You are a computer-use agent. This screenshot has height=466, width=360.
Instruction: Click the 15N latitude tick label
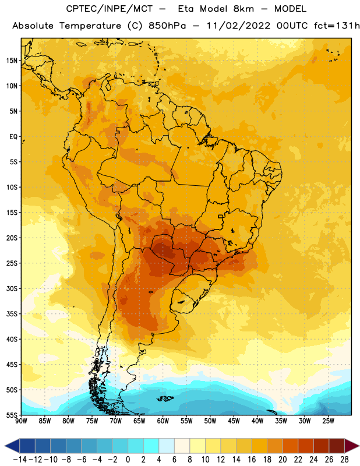click(x=12, y=61)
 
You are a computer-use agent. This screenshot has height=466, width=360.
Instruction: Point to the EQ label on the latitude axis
click(x=13, y=137)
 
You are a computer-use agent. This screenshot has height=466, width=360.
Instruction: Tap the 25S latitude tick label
click(x=12, y=263)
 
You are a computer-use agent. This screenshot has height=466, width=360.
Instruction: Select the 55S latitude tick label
click(x=12, y=415)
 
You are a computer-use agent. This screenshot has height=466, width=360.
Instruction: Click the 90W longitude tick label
click(x=21, y=421)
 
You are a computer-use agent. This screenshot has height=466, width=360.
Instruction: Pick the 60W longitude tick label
click(x=163, y=421)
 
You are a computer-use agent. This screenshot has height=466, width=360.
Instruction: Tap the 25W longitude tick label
click(x=328, y=421)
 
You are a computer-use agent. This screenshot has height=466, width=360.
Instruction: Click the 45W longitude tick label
click(x=234, y=421)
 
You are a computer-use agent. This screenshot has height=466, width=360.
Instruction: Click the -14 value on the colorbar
click(x=20, y=460)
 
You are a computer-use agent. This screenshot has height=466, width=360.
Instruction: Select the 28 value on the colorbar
click(x=344, y=460)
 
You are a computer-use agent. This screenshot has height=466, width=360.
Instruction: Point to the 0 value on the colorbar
click(x=128, y=460)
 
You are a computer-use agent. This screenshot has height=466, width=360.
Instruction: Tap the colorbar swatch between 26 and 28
click(x=337, y=446)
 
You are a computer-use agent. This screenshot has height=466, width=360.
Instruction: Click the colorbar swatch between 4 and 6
click(x=167, y=446)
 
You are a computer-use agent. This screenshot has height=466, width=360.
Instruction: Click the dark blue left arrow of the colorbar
click(x=12, y=446)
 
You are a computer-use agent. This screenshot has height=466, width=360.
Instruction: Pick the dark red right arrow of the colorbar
click(x=352, y=446)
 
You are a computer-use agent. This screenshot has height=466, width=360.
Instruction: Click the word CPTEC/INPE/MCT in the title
click(x=109, y=9)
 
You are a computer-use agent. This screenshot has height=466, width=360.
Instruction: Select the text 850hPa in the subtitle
click(x=167, y=26)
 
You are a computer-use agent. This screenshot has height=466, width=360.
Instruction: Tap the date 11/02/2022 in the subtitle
click(x=238, y=26)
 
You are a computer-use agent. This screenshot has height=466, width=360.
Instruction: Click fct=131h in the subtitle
click(x=337, y=26)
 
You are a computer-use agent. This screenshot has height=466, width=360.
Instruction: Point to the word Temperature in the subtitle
click(x=90, y=26)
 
